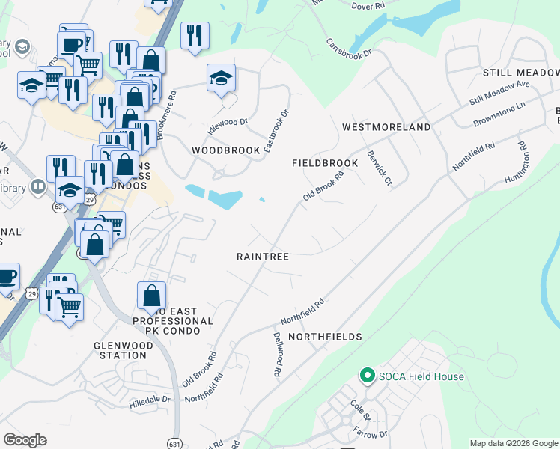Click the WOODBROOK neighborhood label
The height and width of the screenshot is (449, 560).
click(225, 150)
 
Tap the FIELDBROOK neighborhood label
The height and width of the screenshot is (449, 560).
click(325, 162)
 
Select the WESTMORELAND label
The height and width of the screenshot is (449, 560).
click(386, 127)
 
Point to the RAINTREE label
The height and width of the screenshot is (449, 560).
click(263, 256)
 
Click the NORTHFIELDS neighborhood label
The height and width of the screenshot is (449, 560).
click(325, 337)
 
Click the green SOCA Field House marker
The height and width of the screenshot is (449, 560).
click(367, 376)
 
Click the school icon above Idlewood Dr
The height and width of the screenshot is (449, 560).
click(221, 78)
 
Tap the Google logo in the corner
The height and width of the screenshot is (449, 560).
click(25, 439)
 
